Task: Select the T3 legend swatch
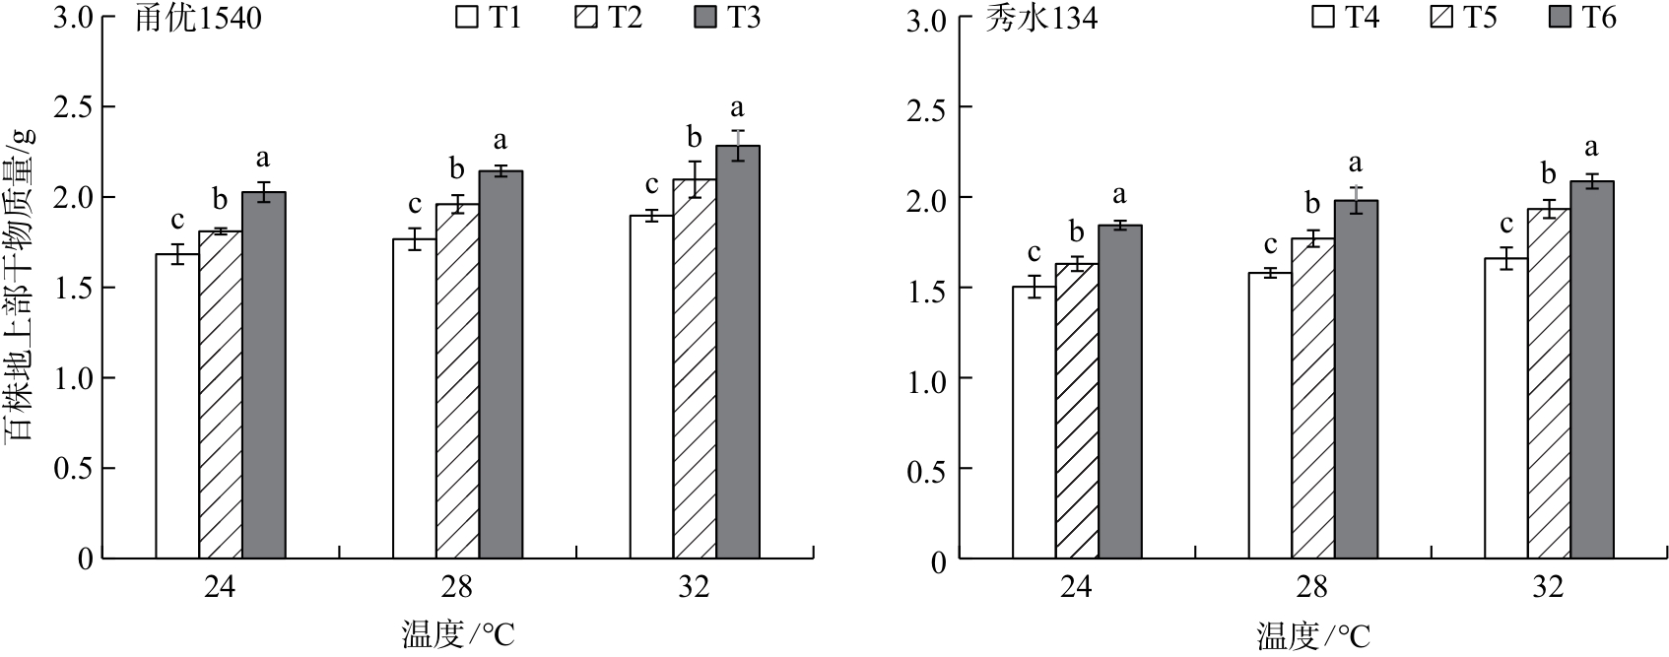[708, 18]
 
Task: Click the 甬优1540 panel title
[198, 20]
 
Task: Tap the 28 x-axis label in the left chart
[457, 588]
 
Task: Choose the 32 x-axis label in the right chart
[1548, 588]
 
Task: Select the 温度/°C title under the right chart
[1313, 636]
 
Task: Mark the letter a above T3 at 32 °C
[737, 107]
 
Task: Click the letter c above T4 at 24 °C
[1035, 252]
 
